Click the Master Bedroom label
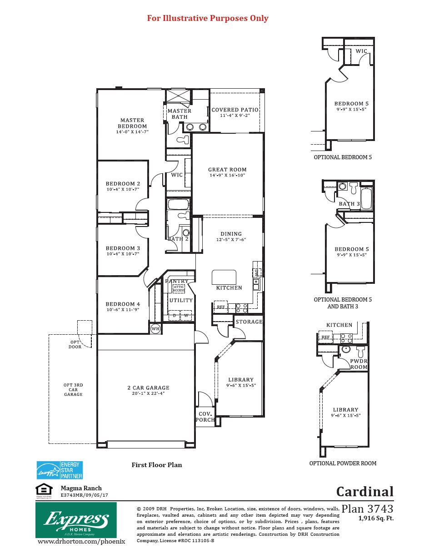point(132,123)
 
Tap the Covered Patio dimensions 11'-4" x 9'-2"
point(235,116)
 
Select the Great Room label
point(227,170)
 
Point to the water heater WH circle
point(155,328)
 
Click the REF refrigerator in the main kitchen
point(221,307)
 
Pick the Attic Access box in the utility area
point(179,289)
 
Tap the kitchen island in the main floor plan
point(224,277)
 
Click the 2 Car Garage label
point(148,388)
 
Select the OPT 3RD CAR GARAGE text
point(73,390)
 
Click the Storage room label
point(249,322)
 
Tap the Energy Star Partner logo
point(60,470)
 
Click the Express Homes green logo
point(76,520)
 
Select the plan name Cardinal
point(364,492)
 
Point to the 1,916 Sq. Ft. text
point(376,518)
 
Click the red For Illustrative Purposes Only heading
point(208,18)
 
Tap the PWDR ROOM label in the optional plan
point(359,364)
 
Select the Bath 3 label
point(349,204)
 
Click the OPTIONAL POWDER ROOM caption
point(343,463)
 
